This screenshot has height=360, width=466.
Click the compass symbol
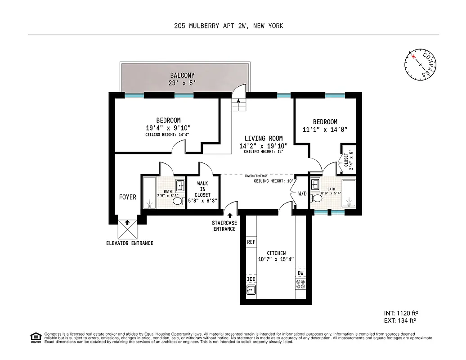(x=421, y=64)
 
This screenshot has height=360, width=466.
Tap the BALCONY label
(x=182, y=75)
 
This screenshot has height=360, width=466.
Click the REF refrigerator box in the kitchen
(x=251, y=242)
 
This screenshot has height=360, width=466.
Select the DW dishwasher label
(x=300, y=273)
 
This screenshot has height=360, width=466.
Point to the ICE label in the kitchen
(x=251, y=279)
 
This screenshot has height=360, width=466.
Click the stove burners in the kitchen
(x=300, y=284)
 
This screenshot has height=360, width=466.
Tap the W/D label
(x=302, y=194)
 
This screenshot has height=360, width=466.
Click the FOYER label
(x=128, y=197)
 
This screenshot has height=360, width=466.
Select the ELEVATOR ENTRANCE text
(x=130, y=243)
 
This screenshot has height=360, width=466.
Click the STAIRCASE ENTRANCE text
(x=224, y=226)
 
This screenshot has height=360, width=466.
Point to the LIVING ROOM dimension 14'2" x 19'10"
(x=263, y=146)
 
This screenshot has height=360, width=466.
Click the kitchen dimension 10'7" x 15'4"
(x=276, y=259)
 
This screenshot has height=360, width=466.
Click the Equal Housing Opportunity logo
(x=35, y=337)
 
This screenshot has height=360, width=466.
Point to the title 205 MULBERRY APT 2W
(x=211, y=26)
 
